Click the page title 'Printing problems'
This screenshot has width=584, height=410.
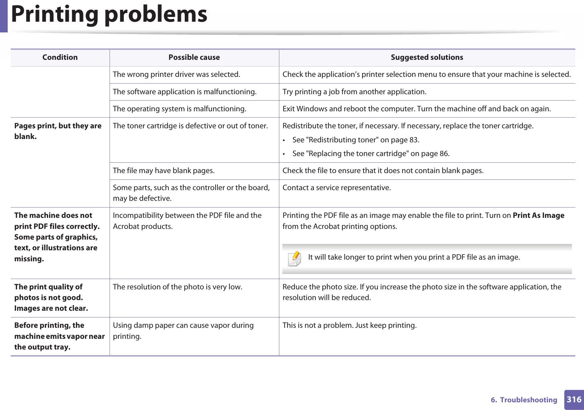109,14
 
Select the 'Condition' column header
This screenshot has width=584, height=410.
60,57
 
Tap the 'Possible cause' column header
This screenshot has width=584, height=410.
194,57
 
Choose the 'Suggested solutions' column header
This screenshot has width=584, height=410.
427,57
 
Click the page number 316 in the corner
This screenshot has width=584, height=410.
574,399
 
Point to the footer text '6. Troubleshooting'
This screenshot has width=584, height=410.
524,400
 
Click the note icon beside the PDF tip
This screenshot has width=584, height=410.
295,259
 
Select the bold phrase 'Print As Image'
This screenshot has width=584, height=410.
538,216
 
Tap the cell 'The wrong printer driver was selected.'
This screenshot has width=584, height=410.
176,75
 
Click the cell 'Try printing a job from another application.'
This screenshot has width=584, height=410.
354,92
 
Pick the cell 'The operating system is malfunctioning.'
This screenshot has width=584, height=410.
179,109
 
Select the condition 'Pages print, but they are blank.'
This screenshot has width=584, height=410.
58,131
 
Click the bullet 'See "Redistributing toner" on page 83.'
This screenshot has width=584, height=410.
355,140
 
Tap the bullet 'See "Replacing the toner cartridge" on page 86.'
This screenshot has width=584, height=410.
371,154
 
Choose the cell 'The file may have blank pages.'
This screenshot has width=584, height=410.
164,171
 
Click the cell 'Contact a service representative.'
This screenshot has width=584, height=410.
336,188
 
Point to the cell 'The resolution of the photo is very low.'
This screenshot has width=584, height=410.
177,287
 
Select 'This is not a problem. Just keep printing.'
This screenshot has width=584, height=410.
349,325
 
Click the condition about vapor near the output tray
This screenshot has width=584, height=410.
59,336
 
